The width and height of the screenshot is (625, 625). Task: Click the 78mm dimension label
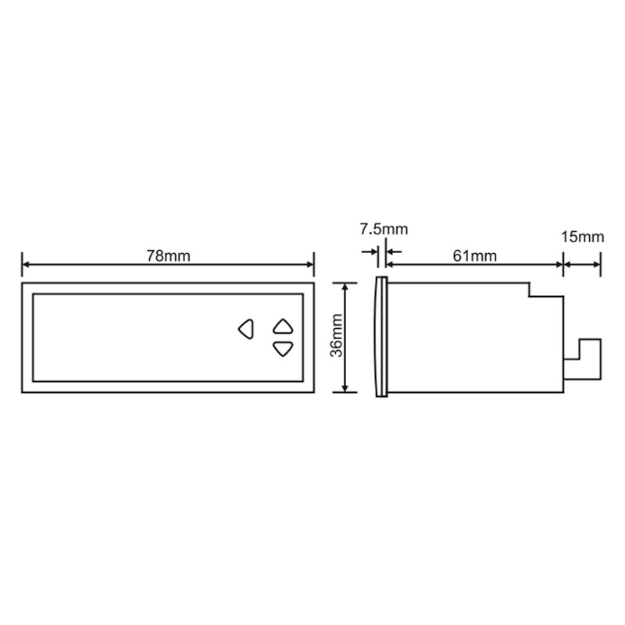[168, 256]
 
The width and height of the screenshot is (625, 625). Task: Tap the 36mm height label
[337, 336]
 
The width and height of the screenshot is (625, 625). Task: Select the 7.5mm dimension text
[384, 229]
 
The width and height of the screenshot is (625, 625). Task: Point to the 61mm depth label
[475, 256]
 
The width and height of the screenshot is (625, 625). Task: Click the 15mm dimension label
[582, 237]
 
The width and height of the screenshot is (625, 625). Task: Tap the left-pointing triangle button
[246, 329]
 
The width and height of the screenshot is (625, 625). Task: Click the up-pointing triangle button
[283, 327]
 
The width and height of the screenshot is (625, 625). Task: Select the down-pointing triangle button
[283, 349]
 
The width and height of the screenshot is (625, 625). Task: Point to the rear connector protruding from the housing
[583, 359]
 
